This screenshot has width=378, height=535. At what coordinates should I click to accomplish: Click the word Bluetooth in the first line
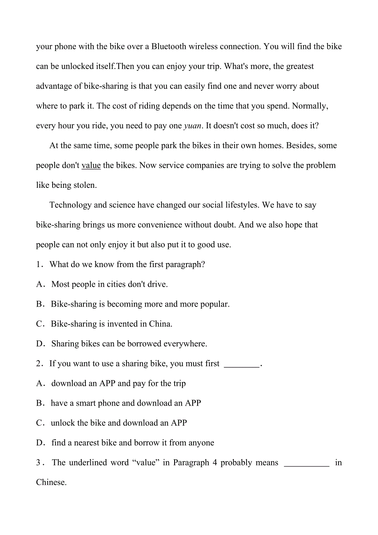point(169,46)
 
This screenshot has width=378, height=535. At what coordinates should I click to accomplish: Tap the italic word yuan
point(192,126)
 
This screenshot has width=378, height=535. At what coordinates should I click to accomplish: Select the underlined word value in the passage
point(91,165)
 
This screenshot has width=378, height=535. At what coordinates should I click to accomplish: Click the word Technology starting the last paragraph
point(70,205)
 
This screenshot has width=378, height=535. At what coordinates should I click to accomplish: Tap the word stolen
point(85,185)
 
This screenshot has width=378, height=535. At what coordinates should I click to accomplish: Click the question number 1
point(38,265)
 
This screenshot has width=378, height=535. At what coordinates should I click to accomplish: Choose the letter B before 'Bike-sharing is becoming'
point(39,304)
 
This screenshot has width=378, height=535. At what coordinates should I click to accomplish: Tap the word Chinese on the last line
point(51,482)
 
